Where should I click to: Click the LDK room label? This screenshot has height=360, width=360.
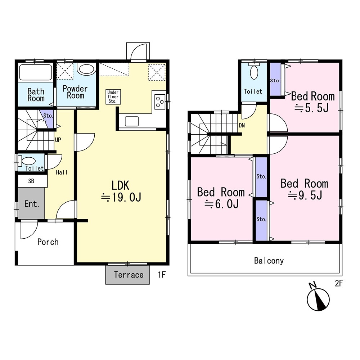coord(120,185)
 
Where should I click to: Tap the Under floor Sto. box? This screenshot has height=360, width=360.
coord(113,96)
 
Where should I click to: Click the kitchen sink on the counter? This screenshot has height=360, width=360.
coord(131,121)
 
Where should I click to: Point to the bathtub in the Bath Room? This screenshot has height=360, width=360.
coord(36,72)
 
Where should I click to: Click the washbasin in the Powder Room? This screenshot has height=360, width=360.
coord(86,69)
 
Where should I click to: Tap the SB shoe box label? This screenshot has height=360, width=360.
coord(31,181)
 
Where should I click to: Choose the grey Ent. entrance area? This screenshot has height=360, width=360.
coord(31,203)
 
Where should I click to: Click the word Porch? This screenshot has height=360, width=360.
coord(48,242)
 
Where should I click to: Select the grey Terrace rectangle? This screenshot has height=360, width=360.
coord(127,275)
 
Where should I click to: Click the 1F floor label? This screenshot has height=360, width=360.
coord(162,274)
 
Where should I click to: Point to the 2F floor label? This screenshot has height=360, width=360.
coord(339,283)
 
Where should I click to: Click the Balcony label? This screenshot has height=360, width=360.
coord(269,261)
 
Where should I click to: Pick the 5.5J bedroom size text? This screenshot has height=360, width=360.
coord(311,108)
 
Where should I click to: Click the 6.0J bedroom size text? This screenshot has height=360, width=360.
coord(221,204)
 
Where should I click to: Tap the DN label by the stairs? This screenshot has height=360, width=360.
coord(242,125)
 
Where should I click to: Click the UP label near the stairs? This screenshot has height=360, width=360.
coord(58,140)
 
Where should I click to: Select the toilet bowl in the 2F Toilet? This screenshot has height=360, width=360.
coord(254,73)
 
